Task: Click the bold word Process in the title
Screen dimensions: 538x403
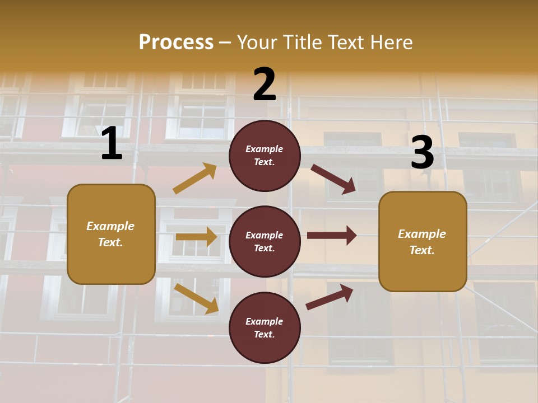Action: click(176, 43)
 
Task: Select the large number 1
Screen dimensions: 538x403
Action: click(112, 144)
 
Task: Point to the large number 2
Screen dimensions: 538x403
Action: click(265, 85)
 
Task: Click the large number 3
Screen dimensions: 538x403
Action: click(422, 153)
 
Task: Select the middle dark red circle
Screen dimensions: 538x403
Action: click(265, 241)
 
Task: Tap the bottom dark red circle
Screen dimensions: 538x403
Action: click(265, 327)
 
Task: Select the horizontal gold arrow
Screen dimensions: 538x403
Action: click(196, 237)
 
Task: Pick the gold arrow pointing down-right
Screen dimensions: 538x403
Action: click(196, 298)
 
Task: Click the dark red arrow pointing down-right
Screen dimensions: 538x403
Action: click(333, 179)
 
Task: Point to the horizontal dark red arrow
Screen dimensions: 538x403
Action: click(332, 235)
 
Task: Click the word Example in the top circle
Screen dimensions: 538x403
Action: click(265, 149)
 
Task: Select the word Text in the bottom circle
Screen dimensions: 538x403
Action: click(263, 334)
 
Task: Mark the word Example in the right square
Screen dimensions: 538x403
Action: click(422, 234)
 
